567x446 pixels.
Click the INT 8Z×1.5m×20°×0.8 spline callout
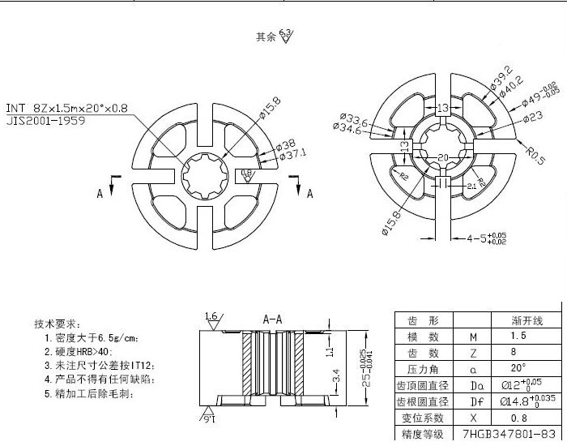(66, 108)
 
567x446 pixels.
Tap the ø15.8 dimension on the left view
(270, 108)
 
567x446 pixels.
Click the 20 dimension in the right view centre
(442, 157)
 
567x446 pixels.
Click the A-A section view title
(272, 319)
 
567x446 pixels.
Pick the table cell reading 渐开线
(521, 319)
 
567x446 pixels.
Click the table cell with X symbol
(474, 418)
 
